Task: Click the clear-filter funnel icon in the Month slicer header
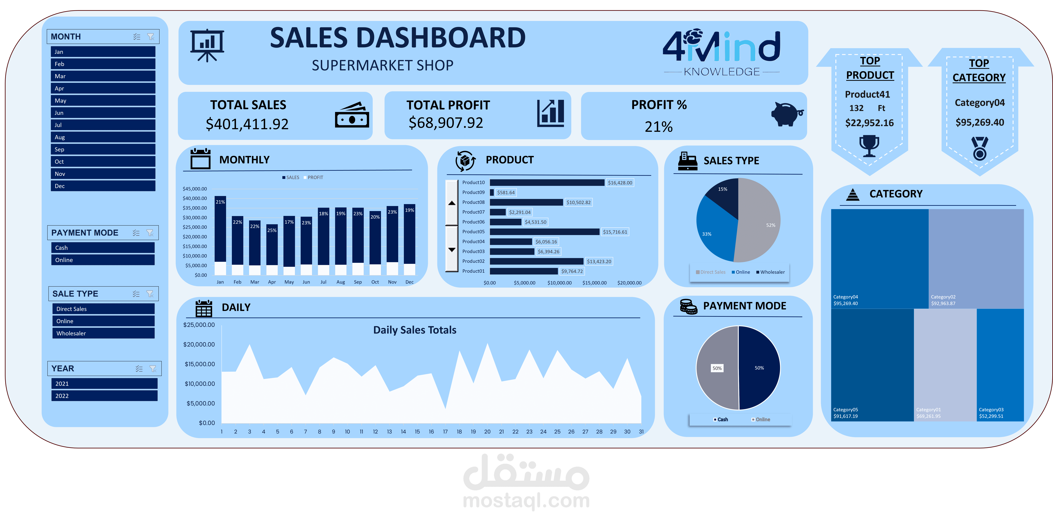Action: tap(151, 37)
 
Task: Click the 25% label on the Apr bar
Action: tap(272, 230)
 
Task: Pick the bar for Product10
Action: tap(547, 183)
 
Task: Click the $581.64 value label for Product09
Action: tap(506, 192)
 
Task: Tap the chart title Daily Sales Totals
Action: tap(414, 330)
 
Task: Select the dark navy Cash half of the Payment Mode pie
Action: tap(759, 368)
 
